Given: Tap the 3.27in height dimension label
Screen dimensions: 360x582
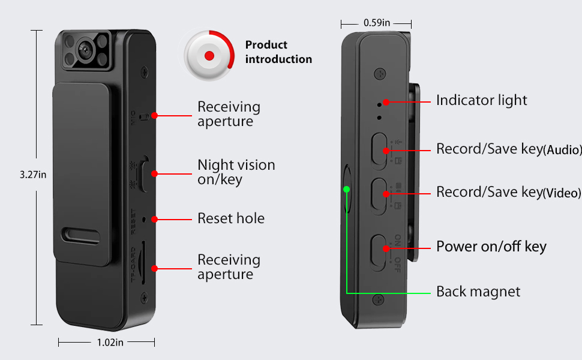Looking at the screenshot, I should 33,175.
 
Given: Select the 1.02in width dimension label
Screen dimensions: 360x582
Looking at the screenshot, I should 110,342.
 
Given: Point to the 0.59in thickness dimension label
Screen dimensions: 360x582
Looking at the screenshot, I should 377,23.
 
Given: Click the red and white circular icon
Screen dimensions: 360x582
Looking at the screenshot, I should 209,56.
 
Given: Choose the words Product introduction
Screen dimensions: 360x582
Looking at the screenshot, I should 278,52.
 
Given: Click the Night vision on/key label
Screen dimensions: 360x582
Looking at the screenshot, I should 236,172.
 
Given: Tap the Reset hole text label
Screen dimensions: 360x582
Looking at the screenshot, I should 231,218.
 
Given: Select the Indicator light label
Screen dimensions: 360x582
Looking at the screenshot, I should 481,100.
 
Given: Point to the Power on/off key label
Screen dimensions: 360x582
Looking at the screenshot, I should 491,247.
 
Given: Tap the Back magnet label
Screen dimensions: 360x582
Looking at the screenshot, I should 478,292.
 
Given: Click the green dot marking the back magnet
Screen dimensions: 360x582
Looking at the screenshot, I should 346,190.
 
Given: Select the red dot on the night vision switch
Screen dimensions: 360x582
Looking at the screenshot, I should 154,173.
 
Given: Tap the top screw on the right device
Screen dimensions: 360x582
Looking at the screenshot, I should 379,74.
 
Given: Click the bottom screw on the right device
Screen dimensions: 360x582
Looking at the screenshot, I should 378,298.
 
